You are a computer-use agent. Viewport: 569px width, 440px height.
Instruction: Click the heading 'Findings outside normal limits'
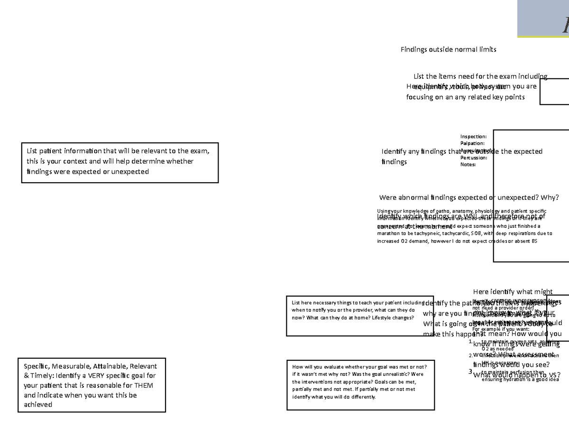[448, 49]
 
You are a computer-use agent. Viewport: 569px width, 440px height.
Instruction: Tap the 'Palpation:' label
[472, 143]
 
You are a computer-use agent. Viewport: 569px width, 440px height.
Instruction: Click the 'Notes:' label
[468, 165]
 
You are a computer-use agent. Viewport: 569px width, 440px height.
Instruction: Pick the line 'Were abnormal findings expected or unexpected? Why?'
[469, 197]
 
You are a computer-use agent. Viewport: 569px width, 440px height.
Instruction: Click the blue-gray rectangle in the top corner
[543, 18]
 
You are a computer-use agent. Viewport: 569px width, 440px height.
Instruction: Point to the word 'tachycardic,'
[454, 234]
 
